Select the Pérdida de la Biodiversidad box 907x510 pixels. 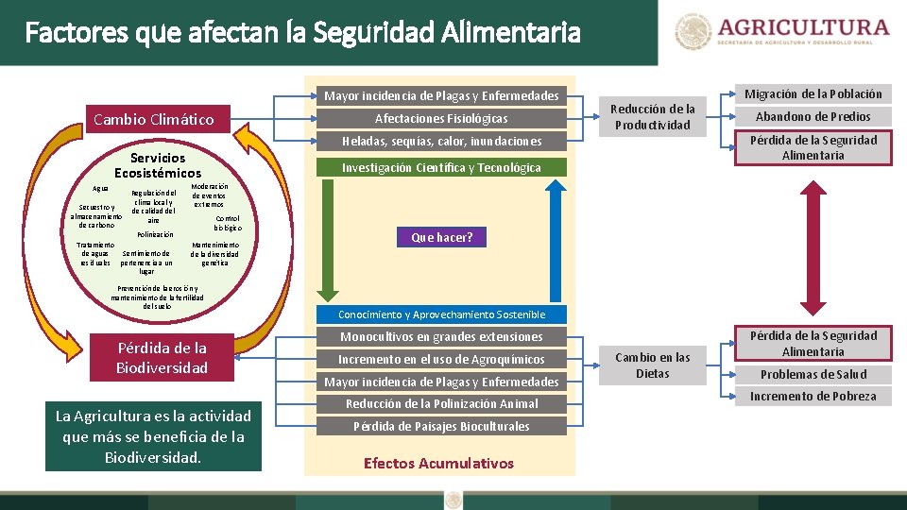162,357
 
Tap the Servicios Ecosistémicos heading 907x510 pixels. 158,165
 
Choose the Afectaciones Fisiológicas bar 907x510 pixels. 441,118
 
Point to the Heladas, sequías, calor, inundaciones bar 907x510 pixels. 441,141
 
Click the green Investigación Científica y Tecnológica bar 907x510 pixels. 441,167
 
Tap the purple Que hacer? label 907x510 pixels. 441,237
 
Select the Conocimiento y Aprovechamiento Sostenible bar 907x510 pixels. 441,314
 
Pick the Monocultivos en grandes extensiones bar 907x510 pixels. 441,336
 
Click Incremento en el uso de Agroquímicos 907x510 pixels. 441,359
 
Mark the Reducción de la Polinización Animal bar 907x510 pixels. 441,403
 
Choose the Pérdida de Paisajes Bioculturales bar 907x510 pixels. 441,426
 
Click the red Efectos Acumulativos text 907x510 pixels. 438,463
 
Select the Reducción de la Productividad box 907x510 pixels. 653,117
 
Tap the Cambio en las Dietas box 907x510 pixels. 653,365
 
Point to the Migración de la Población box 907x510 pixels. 813,93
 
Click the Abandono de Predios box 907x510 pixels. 813,116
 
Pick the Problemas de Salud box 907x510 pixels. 813,374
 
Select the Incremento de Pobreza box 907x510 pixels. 813,397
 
